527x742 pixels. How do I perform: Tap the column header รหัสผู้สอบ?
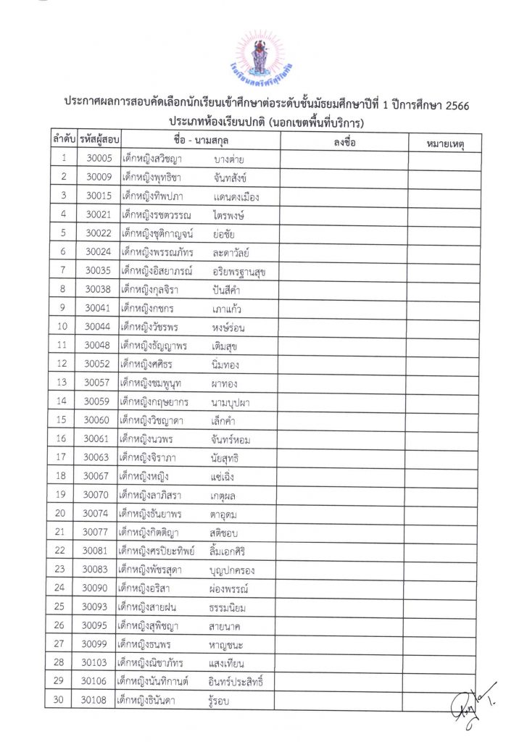point(99,138)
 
